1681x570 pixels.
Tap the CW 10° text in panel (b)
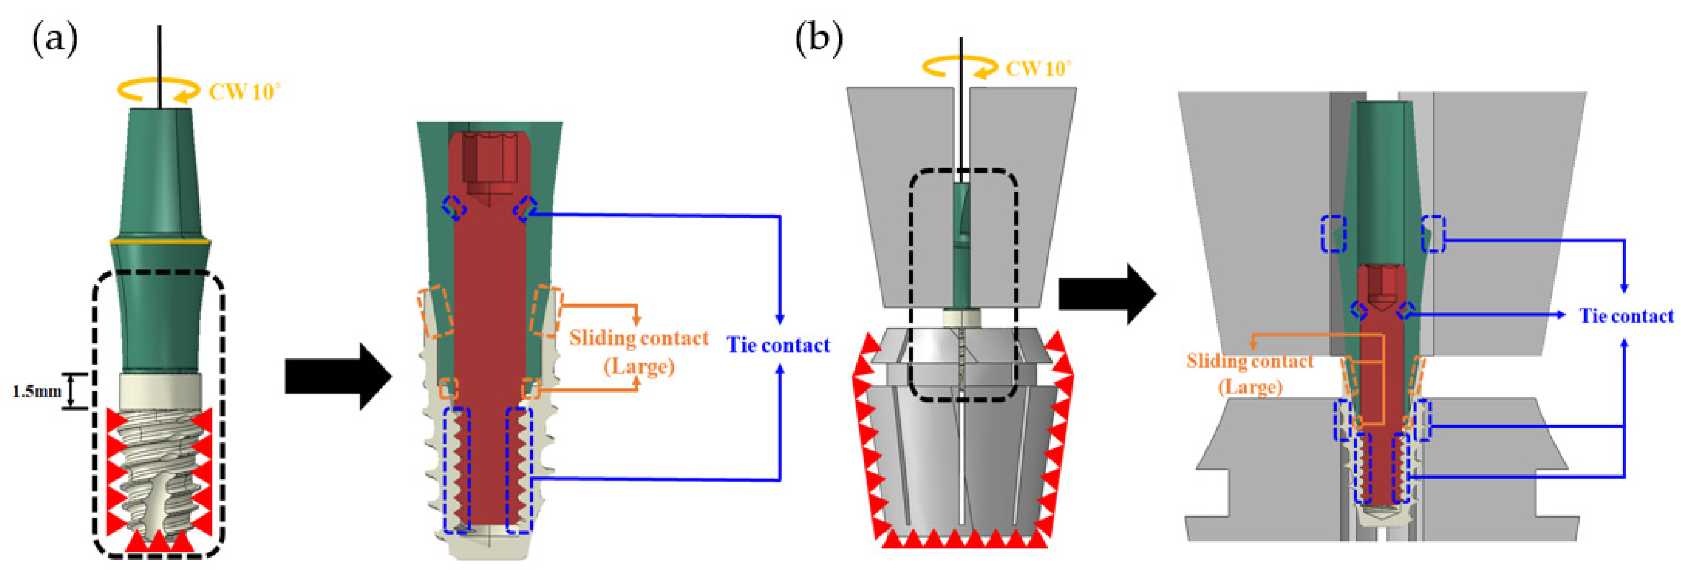pyautogui.click(x=1037, y=68)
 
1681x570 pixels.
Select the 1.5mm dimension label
pyautogui.click(x=37, y=392)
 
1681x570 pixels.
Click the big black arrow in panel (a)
pyautogui.click(x=337, y=377)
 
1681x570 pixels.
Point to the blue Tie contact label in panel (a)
pyautogui.click(x=778, y=344)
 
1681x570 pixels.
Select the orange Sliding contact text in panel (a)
pyautogui.click(x=638, y=338)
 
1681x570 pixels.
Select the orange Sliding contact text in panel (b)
pyautogui.click(x=1249, y=361)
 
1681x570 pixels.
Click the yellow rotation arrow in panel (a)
pyautogui.click(x=158, y=90)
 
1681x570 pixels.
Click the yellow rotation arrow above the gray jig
pyautogui.click(x=959, y=67)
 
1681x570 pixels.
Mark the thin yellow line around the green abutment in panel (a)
pyautogui.click(x=160, y=242)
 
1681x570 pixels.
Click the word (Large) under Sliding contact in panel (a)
pyautogui.click(x=638, y=366)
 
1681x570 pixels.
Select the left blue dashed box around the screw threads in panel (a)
pyautogui.click(x=457, y=470)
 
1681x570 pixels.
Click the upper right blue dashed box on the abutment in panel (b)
pyautogui.click(x=1433, y=234)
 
